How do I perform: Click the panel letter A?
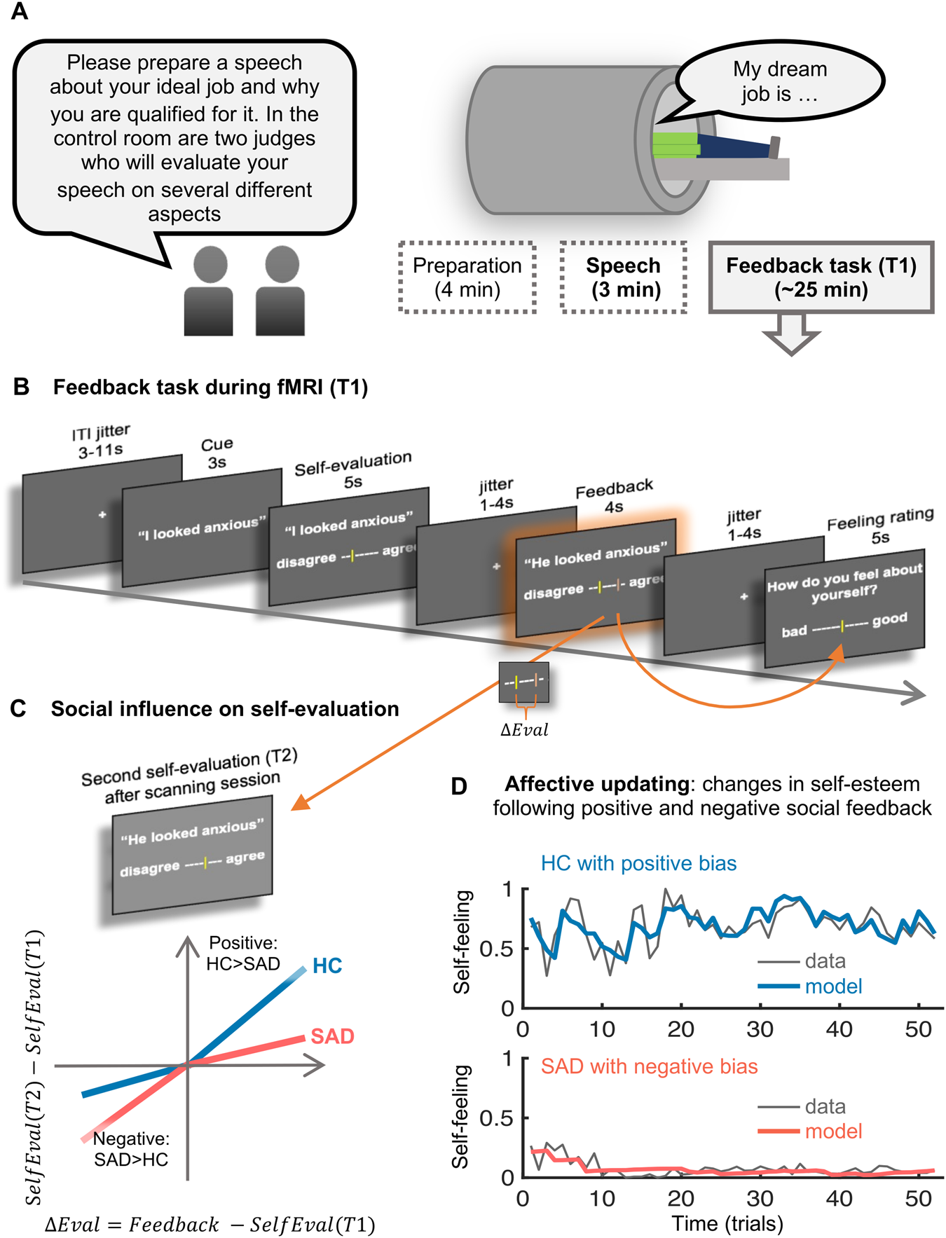19,11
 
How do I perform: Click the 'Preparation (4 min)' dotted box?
467,277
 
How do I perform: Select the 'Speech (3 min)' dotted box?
623,277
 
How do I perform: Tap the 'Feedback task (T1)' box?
821,277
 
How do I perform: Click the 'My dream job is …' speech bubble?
779,81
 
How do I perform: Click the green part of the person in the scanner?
675,144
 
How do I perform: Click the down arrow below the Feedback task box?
791,333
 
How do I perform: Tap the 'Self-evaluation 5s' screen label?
352,469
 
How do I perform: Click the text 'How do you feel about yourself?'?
844,583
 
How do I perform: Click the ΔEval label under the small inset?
524,730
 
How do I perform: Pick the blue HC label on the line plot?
327,966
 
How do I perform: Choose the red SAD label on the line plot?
333,1036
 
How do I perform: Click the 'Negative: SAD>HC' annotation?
131,1149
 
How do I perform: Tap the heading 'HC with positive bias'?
638,863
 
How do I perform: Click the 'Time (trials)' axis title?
727,1223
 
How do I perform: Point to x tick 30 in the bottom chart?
760,1199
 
